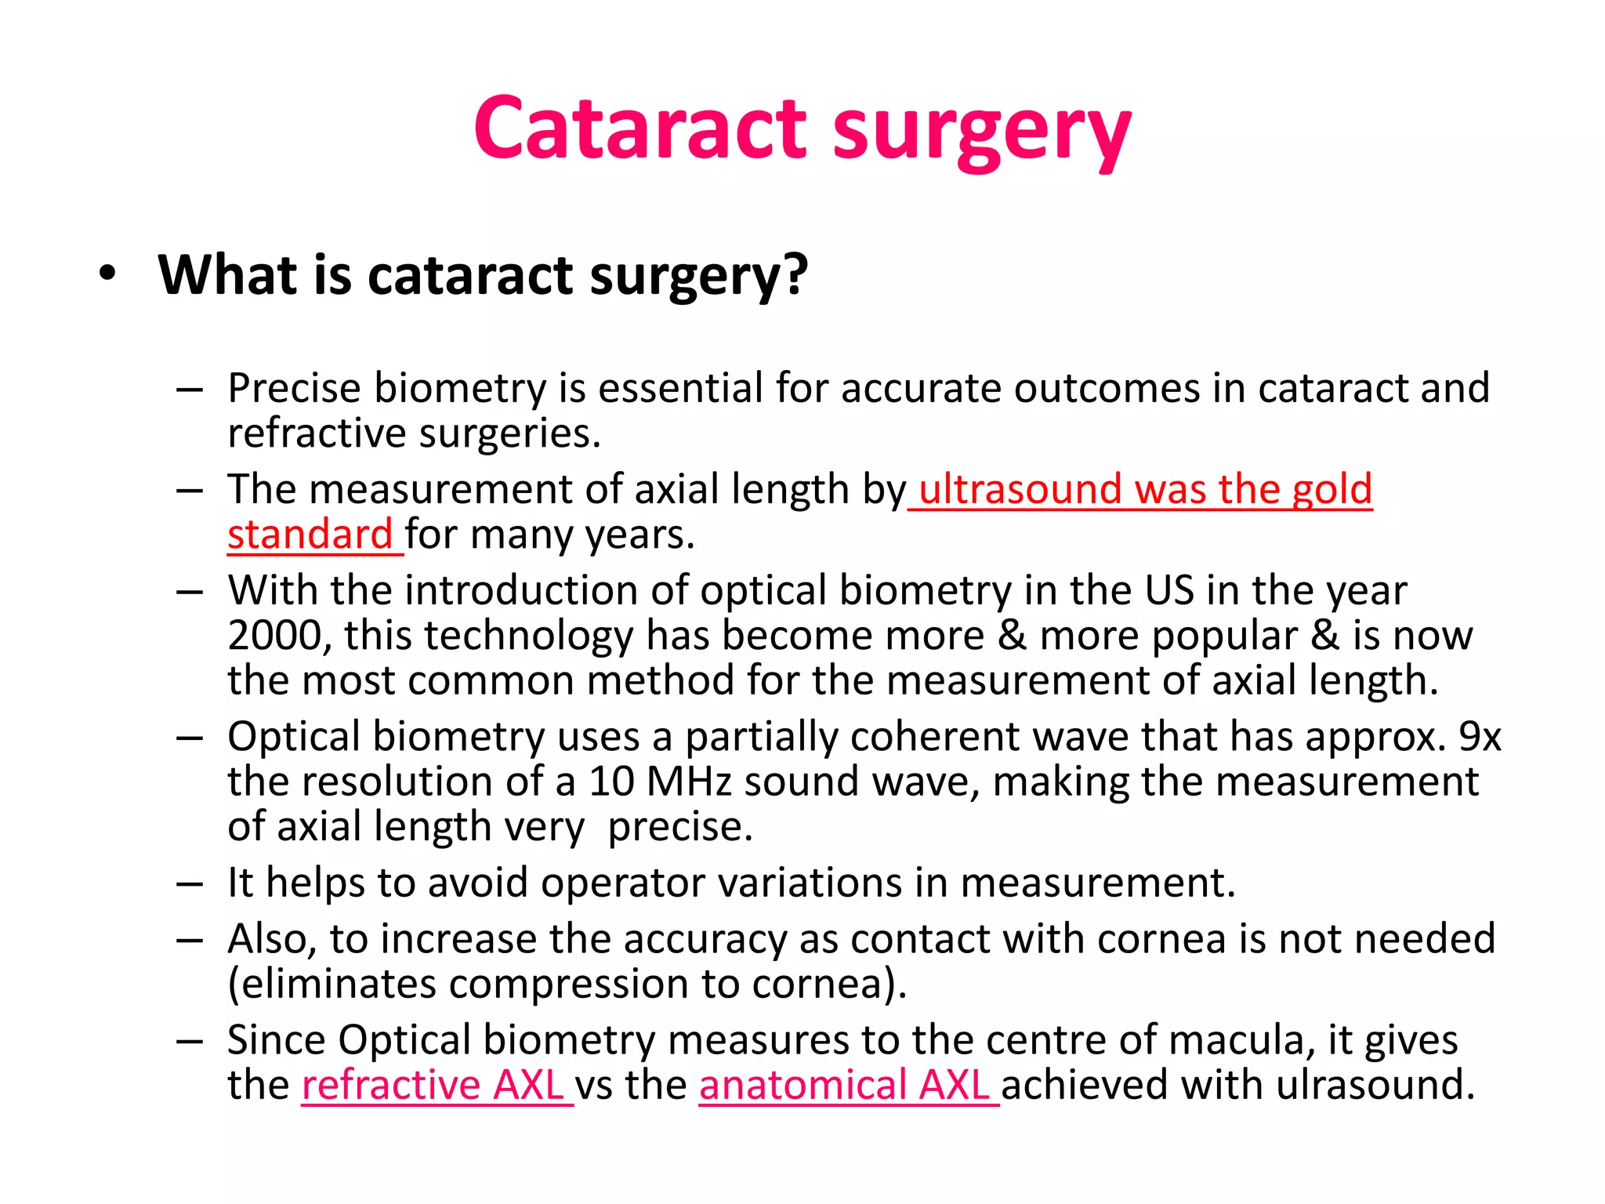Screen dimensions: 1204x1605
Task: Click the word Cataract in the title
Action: [x=639, y=128]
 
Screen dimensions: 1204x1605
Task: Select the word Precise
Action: [x=295, y=388]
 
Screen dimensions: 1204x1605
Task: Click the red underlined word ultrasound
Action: [x=1020, y=489]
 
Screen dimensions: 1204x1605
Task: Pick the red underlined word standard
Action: [x=310, y=535]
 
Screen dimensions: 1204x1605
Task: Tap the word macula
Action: [x=1255, y=1040]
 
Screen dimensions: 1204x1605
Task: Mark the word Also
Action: [x=271, y=939]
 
